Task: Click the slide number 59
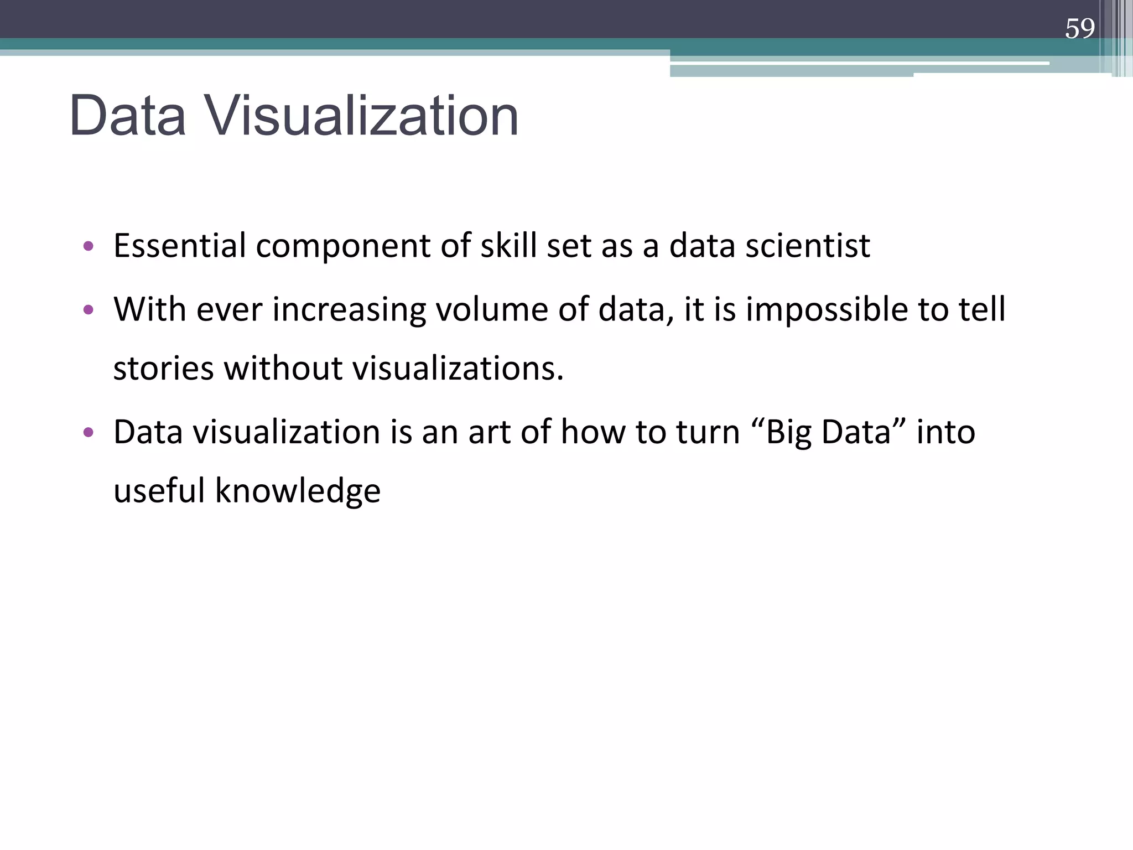click(x=1079, y=28)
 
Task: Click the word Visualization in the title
click(x=362, y=116)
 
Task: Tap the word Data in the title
click(x=128, y=116)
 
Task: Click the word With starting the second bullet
click(x=149, y=309)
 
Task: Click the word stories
click(x=163, y=369)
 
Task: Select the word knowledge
click(x=298, y=491)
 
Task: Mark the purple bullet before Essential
click(x=88, y=246)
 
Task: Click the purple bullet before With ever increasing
click(x=88, y=310)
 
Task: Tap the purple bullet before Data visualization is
click(x=88, y=432)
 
